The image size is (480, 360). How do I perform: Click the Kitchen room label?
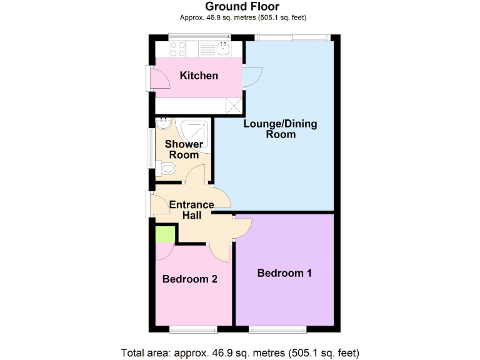coord(199,76)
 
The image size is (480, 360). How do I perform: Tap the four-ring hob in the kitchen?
coord(177,49)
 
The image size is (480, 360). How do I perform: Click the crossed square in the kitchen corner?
coord(235,106)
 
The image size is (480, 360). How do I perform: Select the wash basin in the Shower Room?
coord(164,122)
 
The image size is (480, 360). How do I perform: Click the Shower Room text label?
coord(184,149)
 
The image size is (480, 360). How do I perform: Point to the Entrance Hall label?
coord(191,209)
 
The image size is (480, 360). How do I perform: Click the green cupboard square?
coord(165,234)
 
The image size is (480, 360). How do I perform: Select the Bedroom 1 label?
coord(285,273)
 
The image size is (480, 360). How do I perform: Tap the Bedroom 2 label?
coord(189,279)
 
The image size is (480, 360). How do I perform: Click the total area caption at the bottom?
coord(239,352)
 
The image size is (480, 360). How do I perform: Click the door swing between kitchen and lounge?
coord(253,77)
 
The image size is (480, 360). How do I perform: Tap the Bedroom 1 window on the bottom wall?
coord(277,329)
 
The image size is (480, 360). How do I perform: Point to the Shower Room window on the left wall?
coord(151,148)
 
